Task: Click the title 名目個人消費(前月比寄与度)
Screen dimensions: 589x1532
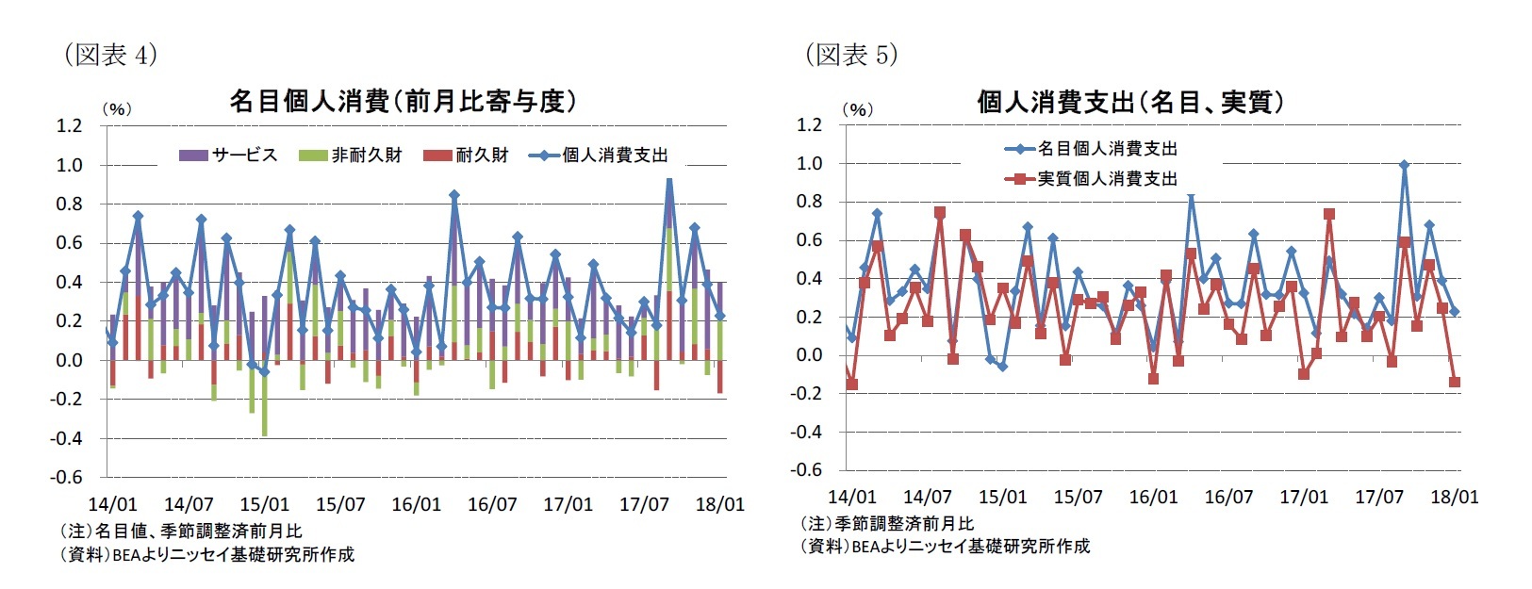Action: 403,101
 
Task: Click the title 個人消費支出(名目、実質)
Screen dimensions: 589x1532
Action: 1129,102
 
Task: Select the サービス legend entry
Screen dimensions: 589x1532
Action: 229,155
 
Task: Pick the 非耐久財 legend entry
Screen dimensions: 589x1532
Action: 351,155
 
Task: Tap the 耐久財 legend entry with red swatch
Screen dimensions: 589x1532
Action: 467,155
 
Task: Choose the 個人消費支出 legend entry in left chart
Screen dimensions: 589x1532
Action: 600,155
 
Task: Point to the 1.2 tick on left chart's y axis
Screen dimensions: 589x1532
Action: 69,125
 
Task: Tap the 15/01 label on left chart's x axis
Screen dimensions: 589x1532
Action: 264,504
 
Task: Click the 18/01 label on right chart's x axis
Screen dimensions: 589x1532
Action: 1455,497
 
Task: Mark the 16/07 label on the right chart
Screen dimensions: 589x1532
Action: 1228,497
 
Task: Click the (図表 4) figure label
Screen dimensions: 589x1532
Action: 109,55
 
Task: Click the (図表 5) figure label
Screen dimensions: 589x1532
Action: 850,55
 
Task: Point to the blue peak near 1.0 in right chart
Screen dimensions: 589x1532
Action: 1405,165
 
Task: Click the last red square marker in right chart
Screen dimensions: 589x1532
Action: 1455,383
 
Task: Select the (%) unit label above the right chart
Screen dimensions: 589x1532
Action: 857,109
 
